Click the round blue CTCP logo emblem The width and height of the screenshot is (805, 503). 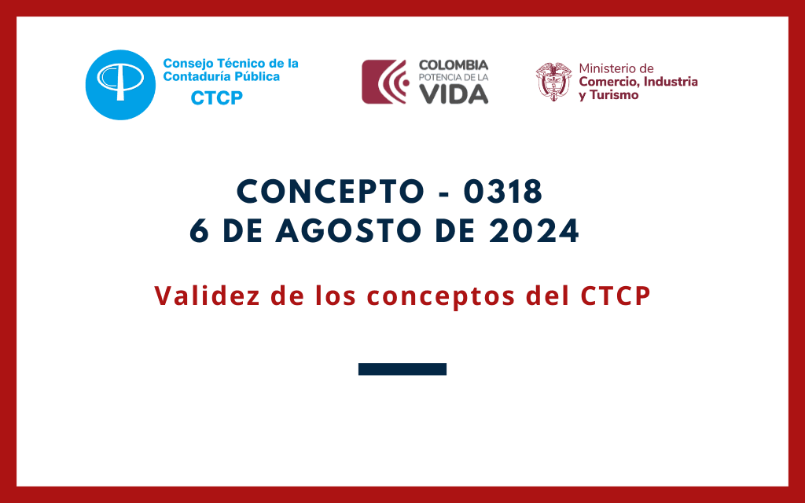pyautogui.click(x=119, y=84)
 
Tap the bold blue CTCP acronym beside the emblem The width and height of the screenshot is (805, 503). pyautogui.click(x=217, y=97)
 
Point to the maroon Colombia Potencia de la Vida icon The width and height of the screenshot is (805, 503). pyautogui.click(x=384, y=82)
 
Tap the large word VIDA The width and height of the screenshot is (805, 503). pyautogui.click(x=453, y=93)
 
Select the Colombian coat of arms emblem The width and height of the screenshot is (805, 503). pyautogui.click(x=553, y=81)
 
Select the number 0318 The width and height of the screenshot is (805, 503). pyautogui.click(x=504, y=192)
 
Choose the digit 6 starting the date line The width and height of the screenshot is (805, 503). pyautogui.click(x=200, y=231)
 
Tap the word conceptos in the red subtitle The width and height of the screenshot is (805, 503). pyautogui.click(x=438, y=296)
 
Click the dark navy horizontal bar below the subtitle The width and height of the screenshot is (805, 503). pyautogui.click(x=402, y=369)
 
